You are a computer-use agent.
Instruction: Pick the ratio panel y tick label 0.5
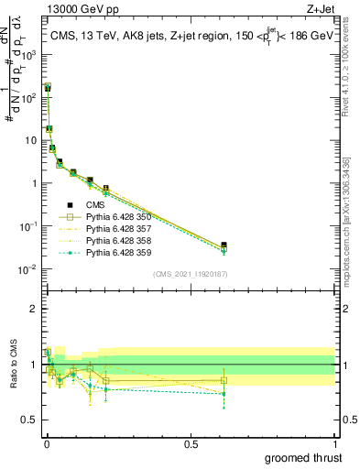point(31,420)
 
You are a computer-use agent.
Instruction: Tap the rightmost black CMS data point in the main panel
point(224,245)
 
